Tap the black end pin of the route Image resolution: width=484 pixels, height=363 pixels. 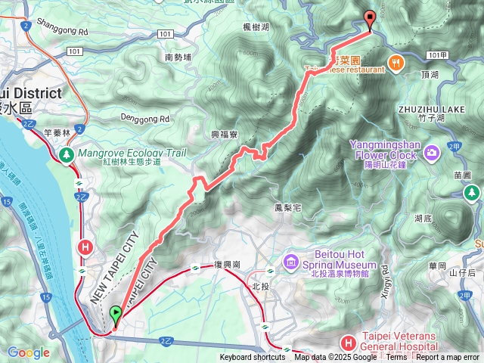click(x=369, y=19)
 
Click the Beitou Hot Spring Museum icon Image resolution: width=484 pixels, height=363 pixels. click(x=291, y=262)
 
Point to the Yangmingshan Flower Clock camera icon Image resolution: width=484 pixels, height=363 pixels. click(x=431, y=153)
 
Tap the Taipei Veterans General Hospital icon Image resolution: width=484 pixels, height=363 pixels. click(x=347, y=343)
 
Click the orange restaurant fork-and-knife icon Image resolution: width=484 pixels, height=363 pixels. click(x=395, y=62)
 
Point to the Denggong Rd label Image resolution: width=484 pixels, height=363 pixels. click(x=144, y=119)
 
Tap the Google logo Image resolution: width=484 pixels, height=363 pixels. click(x=29, y=352)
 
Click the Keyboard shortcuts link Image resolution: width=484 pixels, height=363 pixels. click(x=253, y=358)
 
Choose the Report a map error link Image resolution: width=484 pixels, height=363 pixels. click(x=448, y=358)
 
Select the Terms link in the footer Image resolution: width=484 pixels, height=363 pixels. click(x=396, y=358)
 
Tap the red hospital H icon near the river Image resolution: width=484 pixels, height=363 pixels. click(x=86, y=247)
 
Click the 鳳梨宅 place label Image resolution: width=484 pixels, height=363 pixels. click(x=288, y=206)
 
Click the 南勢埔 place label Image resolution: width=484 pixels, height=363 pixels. click(x=178, y=57)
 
